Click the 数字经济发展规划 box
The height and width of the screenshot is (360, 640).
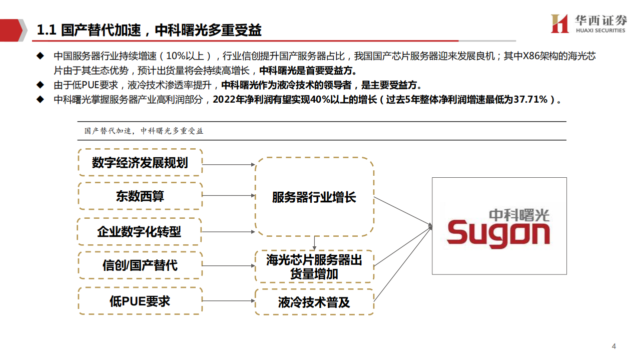pyautogui.click(x=140, y=162)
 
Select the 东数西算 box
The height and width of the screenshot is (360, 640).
pyautogui.click(x=140, y=196)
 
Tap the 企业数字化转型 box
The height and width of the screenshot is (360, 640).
pyautogui.click(x=140, y=231)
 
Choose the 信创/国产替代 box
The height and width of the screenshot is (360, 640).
pyautogui.click(x=140, y=265)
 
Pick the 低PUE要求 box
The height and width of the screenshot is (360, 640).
pyautogui.click(x=140, y=301)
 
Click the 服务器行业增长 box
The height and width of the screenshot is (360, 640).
pyautogui.click(x=314, y=197)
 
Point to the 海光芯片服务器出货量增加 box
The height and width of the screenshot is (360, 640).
pyautogui.click(x=314, y=267)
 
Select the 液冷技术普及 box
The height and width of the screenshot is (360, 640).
pyautogui.click(x=314, y=302)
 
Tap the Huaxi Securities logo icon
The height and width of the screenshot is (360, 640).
pyautogui.click(x=559, y=24)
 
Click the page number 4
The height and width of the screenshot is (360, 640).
pyautogui.click(x=614, y=346)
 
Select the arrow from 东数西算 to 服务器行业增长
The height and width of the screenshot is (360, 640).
pyautogui.click(x=229, y=196)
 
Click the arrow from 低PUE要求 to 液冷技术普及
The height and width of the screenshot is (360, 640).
pyautogui.click(x=229, y=301)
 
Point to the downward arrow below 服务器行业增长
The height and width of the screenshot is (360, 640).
pyautogui.click(x=314, y=243)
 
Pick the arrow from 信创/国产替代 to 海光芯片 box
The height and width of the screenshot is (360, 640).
pyautogui.click(x=229, y=265)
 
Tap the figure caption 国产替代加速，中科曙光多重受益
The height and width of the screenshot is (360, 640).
pyautogui.click(x=144, y=131)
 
